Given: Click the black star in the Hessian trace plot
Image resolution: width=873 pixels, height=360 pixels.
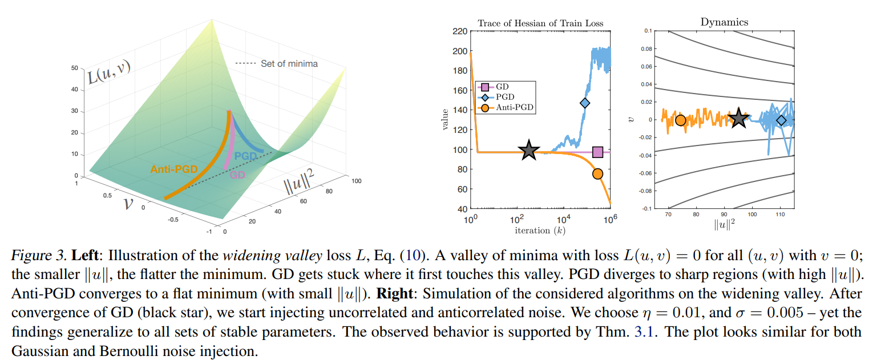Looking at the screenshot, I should tap(529, 150).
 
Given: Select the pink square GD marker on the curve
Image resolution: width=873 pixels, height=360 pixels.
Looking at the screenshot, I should tap(597, 152).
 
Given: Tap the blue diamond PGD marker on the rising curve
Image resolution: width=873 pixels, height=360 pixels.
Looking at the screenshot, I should tap(585, 103).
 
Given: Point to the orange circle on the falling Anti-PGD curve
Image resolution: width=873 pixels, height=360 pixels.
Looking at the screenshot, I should tap(597, 174).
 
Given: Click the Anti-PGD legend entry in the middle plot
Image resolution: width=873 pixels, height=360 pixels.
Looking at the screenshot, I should tap(505, 107).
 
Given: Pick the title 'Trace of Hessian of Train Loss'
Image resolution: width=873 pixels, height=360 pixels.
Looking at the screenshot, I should tap(540, 23).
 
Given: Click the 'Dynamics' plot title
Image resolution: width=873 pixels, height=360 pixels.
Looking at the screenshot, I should tap(724, 22).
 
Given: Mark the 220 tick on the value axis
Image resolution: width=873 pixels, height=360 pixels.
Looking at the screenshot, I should tap(458, 31).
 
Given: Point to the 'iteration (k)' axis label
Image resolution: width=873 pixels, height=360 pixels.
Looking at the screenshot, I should tap(539, 230).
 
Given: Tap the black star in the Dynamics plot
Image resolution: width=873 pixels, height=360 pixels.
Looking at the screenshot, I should tap(739, 119).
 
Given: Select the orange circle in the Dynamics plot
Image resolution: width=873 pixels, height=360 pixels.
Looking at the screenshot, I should tap(680, 120).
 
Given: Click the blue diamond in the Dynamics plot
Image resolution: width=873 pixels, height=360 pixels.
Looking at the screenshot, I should tap(781, 120).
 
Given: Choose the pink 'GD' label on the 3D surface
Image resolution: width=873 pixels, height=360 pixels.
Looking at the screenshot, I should tap(237, 175).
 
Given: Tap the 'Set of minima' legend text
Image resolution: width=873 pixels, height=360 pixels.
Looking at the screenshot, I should tap(289, 64).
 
